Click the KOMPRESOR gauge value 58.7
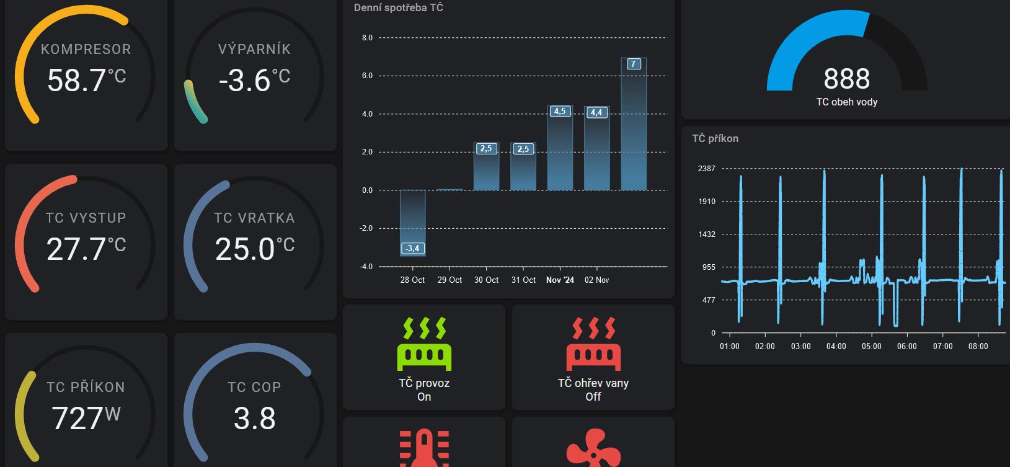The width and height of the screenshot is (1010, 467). click(x=77, y=81)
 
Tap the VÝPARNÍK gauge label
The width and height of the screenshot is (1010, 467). click(x=254, y=49)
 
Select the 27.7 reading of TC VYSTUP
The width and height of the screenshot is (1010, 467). click(x=76, y=249)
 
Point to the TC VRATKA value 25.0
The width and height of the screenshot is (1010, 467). click(x=245, y=249)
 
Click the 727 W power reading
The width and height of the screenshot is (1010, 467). click(x=78, y=418)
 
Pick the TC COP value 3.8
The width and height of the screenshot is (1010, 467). click(x=254, y=418)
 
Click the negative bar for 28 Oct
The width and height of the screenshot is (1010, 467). click(x=412, y=223)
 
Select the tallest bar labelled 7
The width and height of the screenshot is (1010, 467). click(x=634, y=124)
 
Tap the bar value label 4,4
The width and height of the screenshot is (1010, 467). click(x=596, y=112)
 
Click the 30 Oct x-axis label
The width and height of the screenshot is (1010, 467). click(x=486, y=280)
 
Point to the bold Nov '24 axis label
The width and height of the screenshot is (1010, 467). click(x=560, y=280)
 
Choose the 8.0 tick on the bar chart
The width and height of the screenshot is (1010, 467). click(x=367, y=37)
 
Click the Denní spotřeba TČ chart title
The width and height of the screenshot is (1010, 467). click(x=398, y=7)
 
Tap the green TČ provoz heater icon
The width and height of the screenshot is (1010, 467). click(x=424, y=344)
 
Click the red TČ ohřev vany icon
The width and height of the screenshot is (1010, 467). click(x=593, y=344)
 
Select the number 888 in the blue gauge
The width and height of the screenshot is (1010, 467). click(x=847, y=79)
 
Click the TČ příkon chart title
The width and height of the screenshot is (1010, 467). click(x=715, y=138)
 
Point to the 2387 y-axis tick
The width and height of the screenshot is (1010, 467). click(x=707, y=168)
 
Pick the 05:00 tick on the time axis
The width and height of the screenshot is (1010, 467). click(x=871, y=346)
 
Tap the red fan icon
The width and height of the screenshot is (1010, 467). click(x=593, y=448)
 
